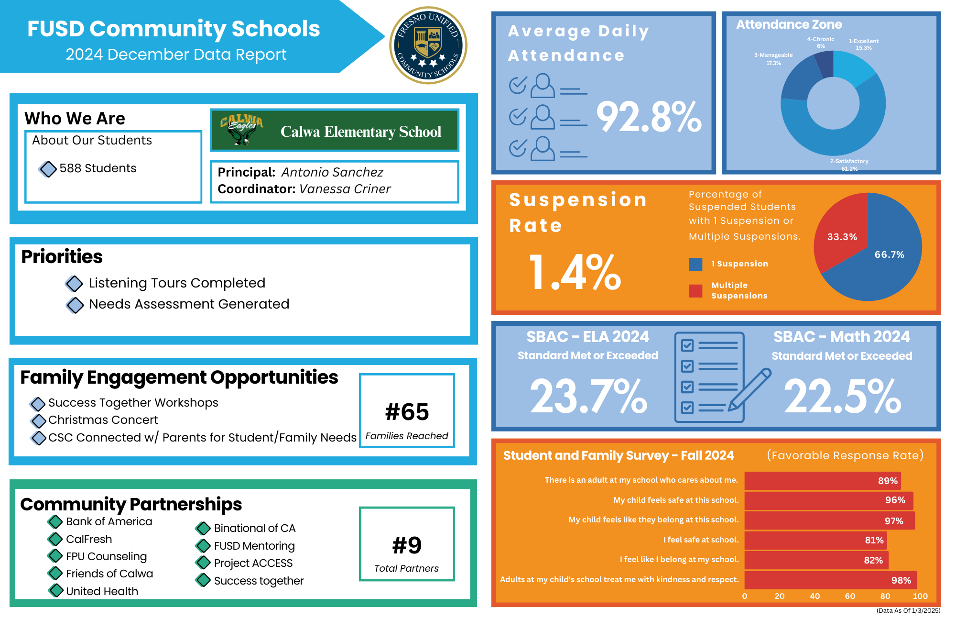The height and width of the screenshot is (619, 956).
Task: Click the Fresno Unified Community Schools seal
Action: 428,45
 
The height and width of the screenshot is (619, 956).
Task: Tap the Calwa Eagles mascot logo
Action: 242,130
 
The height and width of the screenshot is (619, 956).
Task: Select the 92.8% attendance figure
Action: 649,117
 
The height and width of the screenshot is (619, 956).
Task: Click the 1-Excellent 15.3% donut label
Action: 863,44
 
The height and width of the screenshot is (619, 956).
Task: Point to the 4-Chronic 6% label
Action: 820,43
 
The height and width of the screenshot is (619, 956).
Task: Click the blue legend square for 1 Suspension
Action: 695,264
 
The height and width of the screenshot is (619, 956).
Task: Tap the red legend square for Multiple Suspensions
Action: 695,291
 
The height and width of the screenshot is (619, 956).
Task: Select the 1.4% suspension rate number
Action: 575,273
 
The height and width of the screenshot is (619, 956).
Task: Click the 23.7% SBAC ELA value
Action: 588,396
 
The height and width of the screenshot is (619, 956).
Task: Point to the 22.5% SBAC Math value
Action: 842,396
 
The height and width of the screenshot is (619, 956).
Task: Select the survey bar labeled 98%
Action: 830,580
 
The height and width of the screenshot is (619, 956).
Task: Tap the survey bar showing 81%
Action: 815,540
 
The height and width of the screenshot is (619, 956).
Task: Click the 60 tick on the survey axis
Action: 850,596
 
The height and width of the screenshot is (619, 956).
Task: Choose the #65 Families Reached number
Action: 407,412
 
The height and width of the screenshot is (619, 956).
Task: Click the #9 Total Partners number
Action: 407,545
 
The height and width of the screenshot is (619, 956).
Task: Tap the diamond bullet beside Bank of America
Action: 55,521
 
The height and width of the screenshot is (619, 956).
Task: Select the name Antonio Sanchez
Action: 332,172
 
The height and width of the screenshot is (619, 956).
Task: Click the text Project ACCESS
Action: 253,563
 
